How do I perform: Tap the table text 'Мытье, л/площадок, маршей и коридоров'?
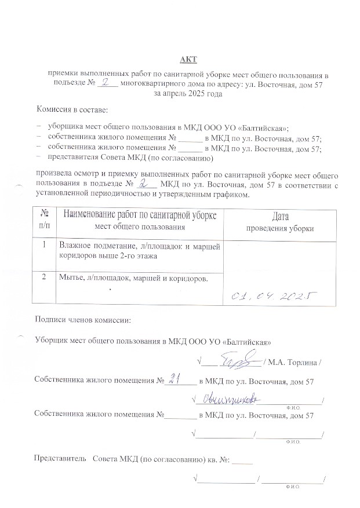click(x=133, y=277)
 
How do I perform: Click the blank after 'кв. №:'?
click(x=245, y=461)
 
